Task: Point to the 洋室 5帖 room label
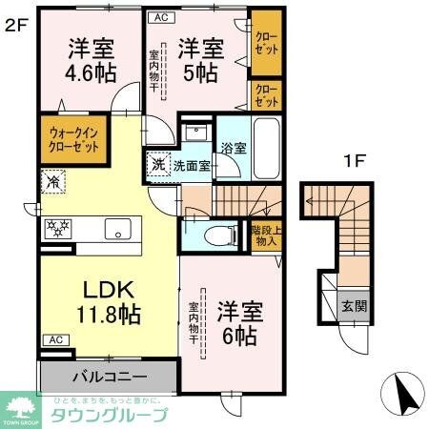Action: [199, 58]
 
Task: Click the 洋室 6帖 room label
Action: [239, 324]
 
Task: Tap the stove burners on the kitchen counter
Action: [60, 229]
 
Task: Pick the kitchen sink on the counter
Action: [118, 229]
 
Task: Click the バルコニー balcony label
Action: [107, 376]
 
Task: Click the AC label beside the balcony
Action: [54, 339]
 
